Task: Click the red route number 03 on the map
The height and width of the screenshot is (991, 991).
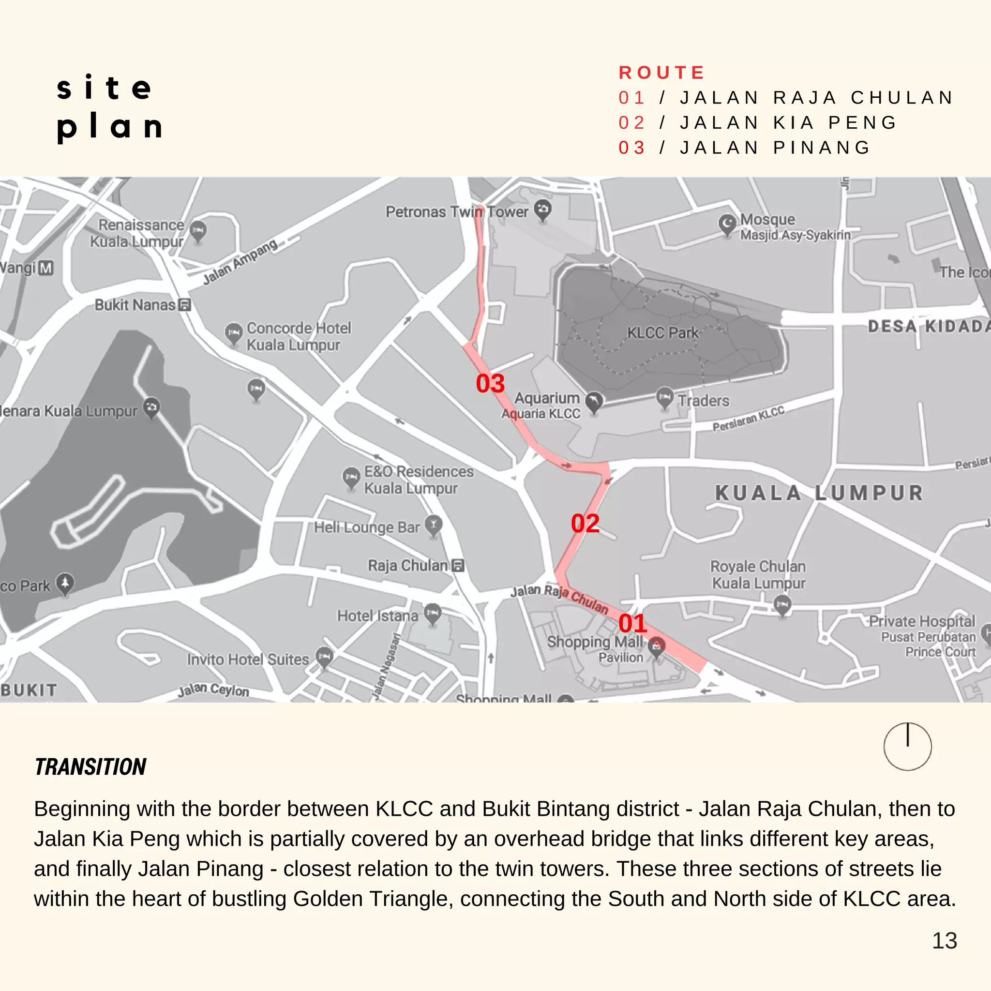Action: click(x=490, y=383)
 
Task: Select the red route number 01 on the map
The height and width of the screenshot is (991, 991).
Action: click(x=632, y=623)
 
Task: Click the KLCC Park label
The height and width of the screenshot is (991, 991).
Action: click(x=663, y=333)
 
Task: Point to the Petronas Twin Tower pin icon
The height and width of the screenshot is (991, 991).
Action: click(x=543, y=210)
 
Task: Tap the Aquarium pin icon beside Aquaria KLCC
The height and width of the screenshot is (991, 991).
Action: click(x=594, y=402)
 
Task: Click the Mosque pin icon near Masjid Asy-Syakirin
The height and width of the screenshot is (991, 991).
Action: click(x=727, y=224)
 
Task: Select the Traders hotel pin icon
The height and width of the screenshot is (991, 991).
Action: click(x=665, y=398)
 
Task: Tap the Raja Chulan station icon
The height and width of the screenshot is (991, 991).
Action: click(x=459, y=565)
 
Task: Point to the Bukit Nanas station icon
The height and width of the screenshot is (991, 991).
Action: click(x=185, y=305)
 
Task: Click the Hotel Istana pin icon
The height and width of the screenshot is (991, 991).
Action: click(x=433, y=613)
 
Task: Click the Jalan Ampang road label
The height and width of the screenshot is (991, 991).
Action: click(x=240, y=262)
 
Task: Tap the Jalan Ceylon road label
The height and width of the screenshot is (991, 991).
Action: click(x=213, y=690)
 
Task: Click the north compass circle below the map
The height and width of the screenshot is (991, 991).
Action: click(x=907, y=746)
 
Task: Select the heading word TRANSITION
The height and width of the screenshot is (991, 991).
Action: click(x=90, y=767)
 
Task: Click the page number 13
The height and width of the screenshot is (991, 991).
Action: click(x=945, y=941)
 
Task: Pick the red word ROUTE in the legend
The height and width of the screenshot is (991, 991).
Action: click(x=661, y=73)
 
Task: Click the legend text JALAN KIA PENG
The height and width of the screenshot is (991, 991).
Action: click(x=788, y=122)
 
